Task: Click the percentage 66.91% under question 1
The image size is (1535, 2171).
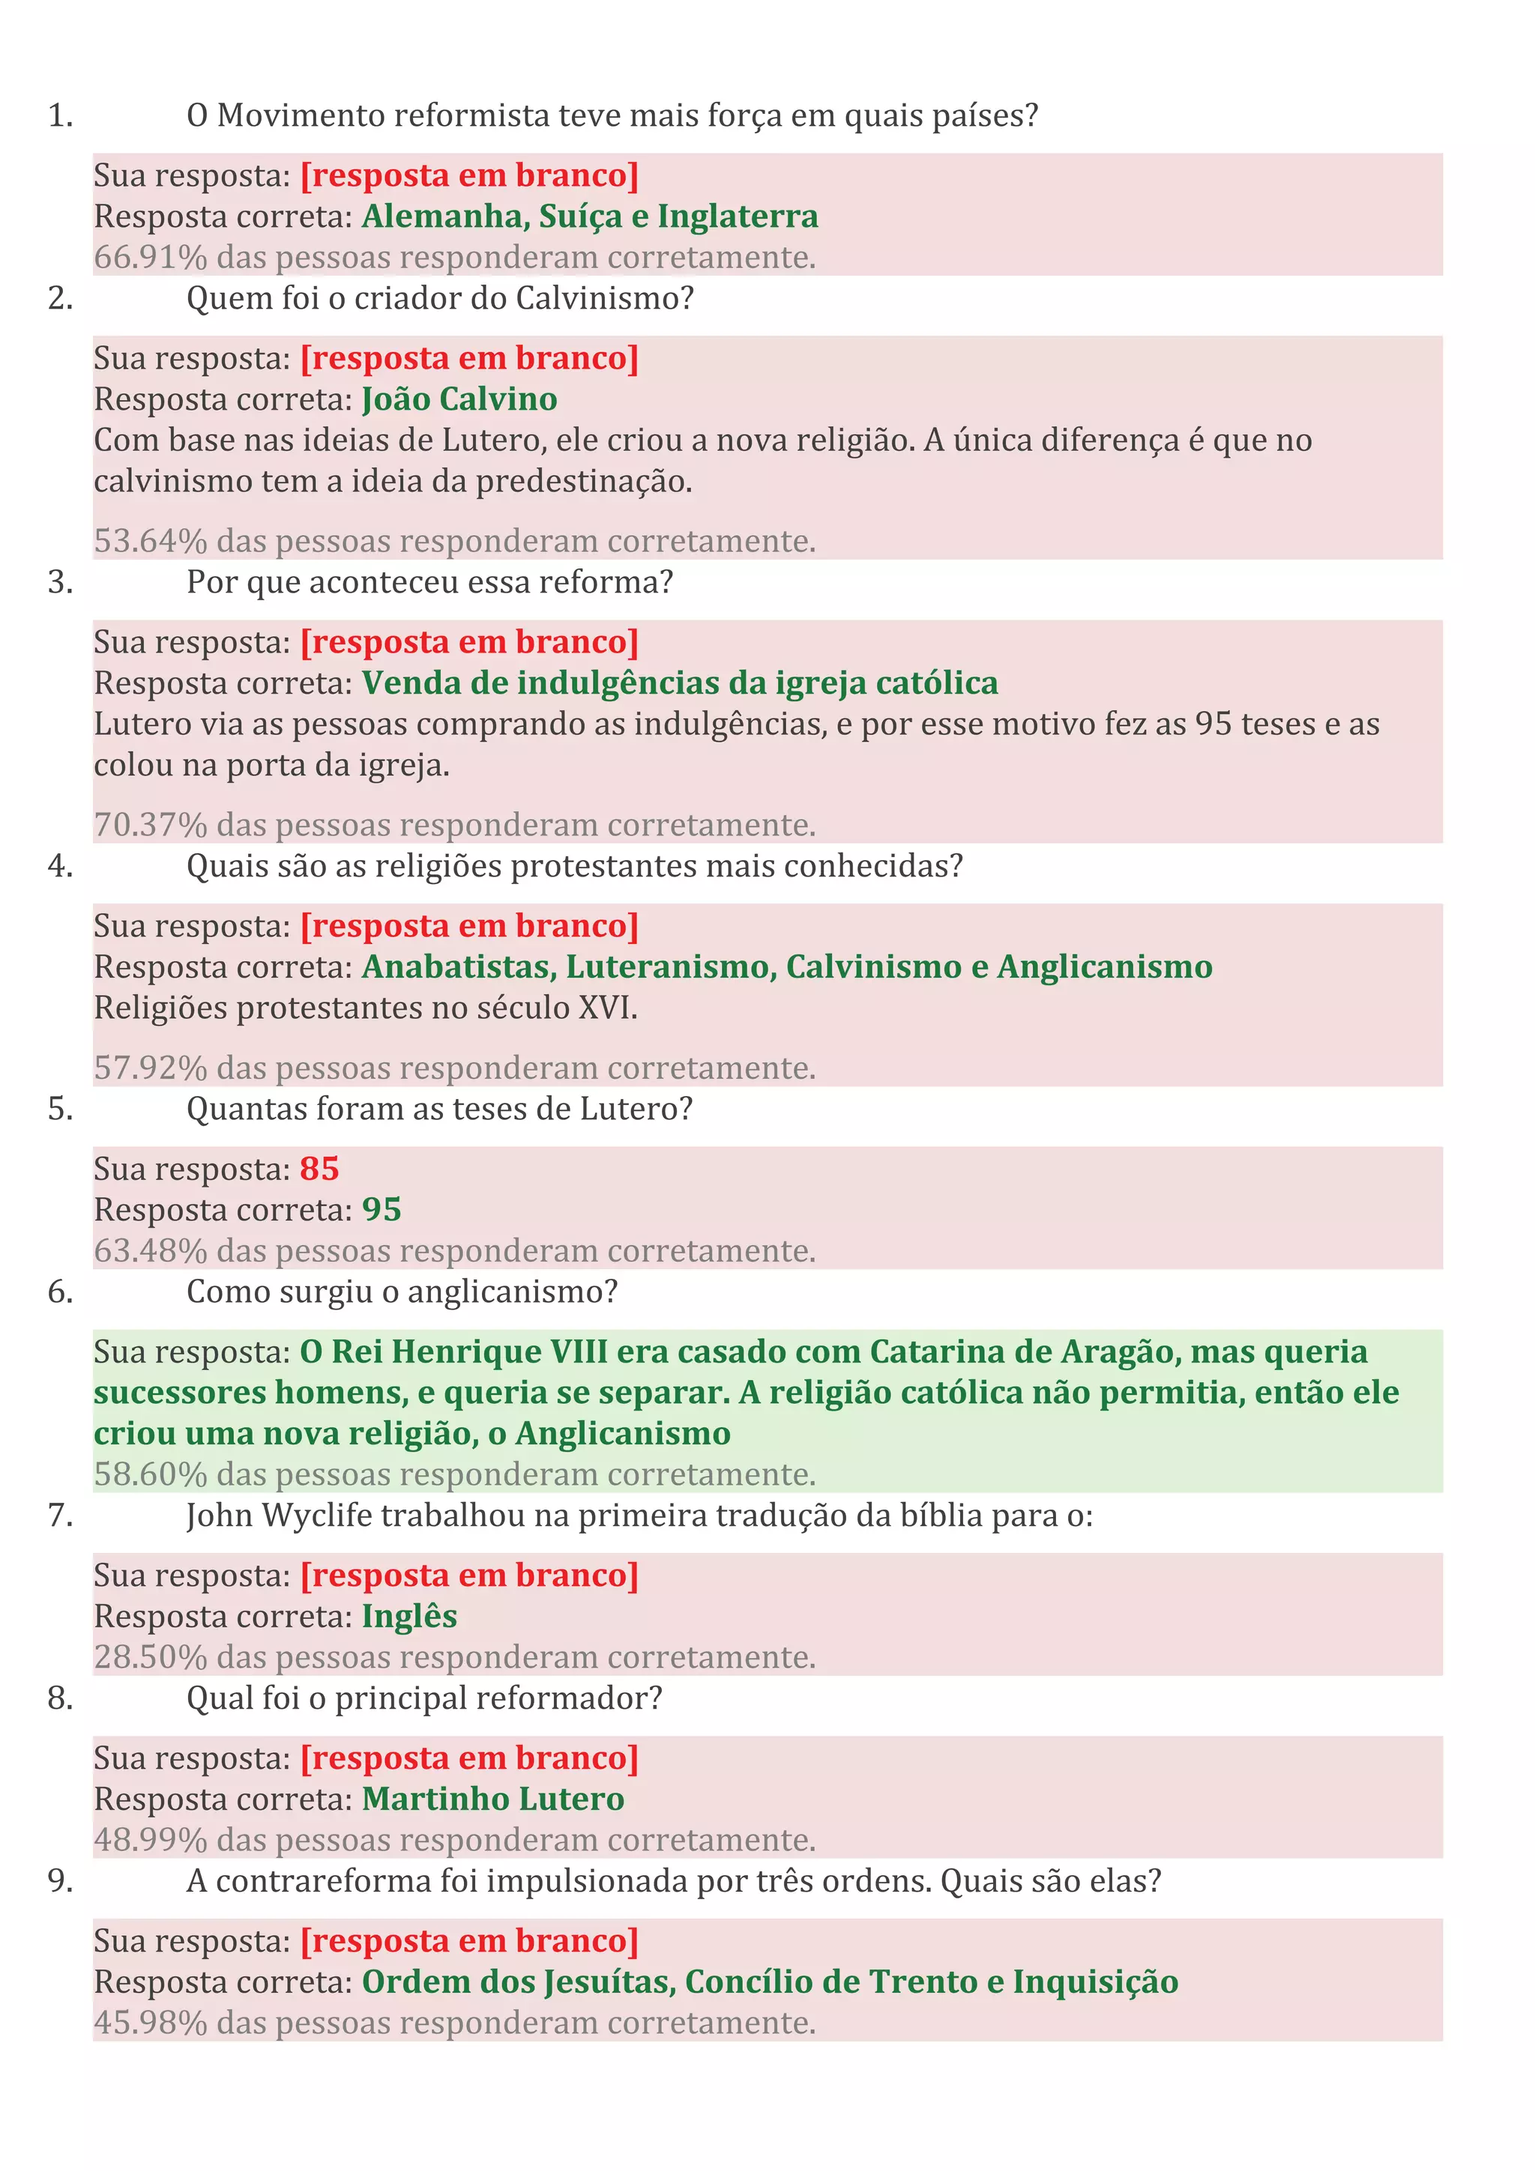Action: pos(149,257)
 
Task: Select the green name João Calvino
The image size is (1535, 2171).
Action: pos(459,399)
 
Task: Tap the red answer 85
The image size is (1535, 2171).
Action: pos(320,1169)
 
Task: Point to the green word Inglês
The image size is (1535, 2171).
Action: pos(409,1616)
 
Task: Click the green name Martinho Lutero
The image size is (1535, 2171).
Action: pos(492,1799)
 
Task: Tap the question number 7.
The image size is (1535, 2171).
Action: pos(59,1516)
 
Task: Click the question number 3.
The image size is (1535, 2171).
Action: pos(59,583)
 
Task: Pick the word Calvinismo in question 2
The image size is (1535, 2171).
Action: pos(596,299)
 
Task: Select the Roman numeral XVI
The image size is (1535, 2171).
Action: pos(606,1008)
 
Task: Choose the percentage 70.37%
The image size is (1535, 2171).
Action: pos(149,825)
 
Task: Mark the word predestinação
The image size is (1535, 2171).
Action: pos(584,481)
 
